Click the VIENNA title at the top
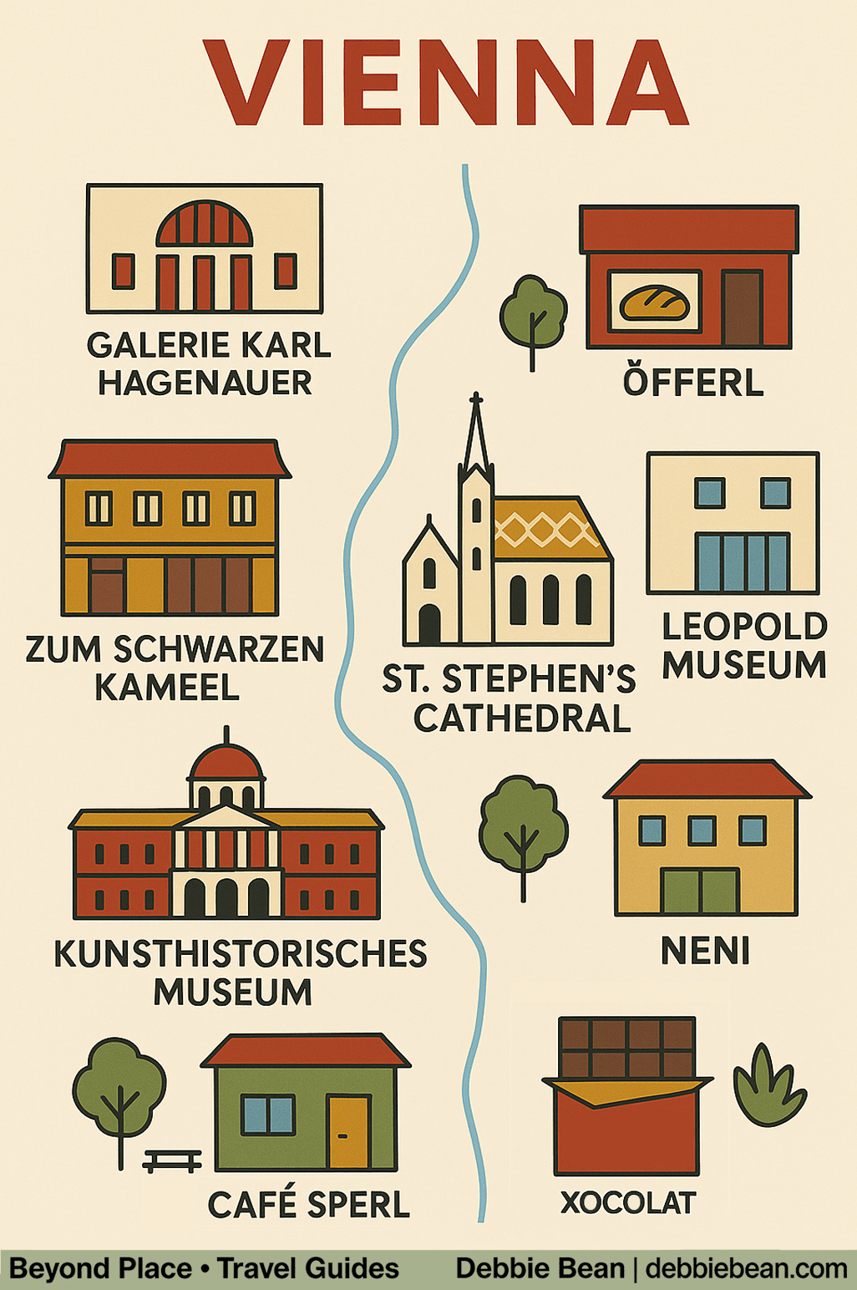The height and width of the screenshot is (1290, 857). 445,82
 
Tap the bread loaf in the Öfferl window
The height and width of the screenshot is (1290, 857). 654,303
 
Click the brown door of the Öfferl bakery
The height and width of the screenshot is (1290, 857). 742,307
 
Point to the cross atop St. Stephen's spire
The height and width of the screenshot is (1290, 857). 476,399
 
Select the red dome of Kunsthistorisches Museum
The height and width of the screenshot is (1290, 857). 226,762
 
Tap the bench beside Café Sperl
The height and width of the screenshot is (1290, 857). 172,1160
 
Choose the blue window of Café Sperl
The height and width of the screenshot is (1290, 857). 268,1115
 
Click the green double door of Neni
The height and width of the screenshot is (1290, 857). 700,891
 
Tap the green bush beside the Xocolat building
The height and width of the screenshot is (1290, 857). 768,1088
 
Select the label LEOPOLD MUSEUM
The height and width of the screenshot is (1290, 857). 743,646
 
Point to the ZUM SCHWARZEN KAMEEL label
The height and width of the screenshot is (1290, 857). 174,668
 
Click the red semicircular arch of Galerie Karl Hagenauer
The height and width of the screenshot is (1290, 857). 205,223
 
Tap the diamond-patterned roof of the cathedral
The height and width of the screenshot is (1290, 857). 547,529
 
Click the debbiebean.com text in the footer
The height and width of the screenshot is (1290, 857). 746,1268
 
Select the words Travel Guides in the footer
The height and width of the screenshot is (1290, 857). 308,1268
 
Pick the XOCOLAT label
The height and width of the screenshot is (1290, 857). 627,1203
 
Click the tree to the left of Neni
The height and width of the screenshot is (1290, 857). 523,827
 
